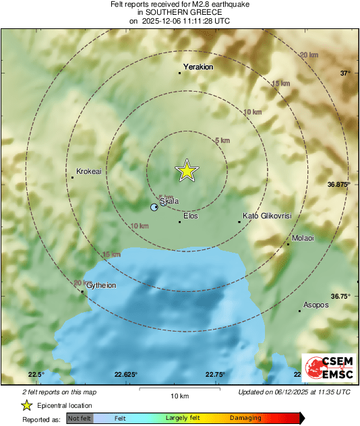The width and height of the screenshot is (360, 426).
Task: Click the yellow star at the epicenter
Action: point(187,171)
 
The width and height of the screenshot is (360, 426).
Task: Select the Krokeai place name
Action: point(89,172)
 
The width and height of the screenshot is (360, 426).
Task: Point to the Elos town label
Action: point(191,216)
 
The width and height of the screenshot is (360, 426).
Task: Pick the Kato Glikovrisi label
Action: point(267,216)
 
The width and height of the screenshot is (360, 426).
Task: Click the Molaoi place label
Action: point(303,239)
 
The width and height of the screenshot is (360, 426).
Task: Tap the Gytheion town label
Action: point(101,286)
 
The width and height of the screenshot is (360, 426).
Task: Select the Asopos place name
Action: point(316,305)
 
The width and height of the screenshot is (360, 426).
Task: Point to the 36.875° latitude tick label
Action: point(339,183)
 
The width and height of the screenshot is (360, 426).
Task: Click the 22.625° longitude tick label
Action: point(126,375)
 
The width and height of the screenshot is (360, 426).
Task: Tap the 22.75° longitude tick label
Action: point(215,375)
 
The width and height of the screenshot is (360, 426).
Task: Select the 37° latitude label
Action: point(344,73)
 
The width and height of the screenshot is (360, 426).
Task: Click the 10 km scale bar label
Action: point(179,395)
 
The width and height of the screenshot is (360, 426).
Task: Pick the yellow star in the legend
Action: point(26,405)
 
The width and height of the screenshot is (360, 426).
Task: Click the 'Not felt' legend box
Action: point(80,419)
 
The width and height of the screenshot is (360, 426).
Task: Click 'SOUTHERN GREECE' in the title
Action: point(179,12)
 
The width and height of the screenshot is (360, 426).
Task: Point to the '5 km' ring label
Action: point(222,140)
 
